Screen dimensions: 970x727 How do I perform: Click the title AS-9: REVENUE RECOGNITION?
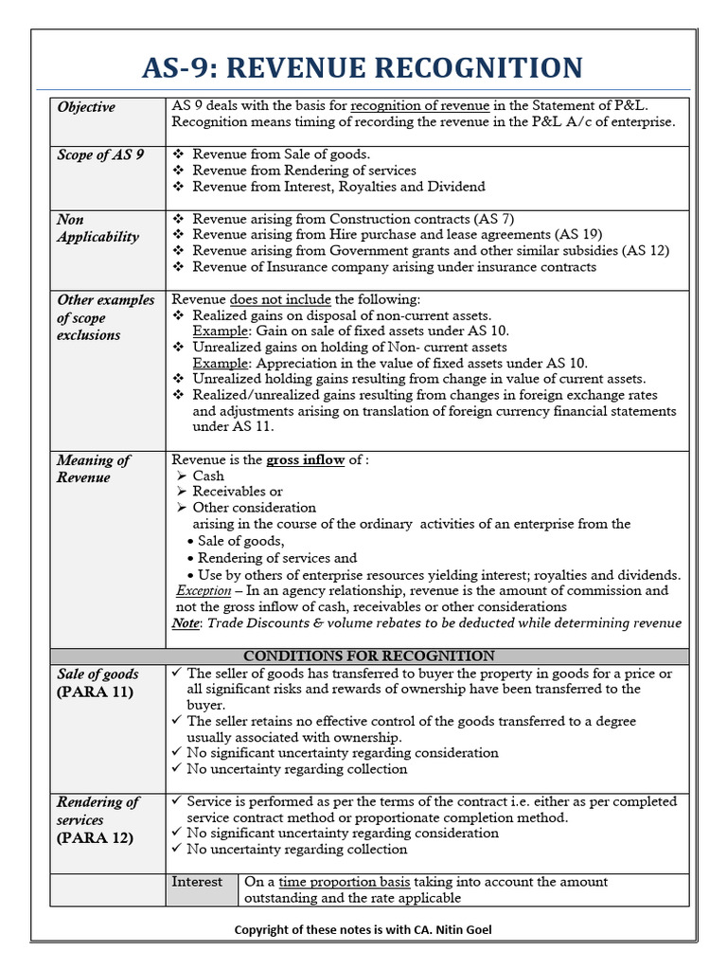click(x=363, y=68)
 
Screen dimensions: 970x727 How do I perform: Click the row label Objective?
click(x=86, y=107)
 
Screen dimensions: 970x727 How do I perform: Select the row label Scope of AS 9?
click(x=100, y=154)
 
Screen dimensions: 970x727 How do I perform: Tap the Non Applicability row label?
click(x=97, y=228)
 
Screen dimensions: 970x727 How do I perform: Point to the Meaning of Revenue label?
click(x=93, y=469)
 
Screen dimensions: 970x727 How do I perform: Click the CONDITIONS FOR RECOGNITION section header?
click(x=368, y=656)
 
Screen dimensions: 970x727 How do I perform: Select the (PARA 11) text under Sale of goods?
click(x=95, y=692)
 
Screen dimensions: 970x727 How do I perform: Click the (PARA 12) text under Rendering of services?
click(x=95, y=837)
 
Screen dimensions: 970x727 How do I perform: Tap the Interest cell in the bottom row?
click(x=197, y=882)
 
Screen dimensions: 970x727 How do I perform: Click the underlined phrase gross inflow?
click(x=305, y=460)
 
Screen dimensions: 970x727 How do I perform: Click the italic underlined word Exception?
click(x=204, y=590)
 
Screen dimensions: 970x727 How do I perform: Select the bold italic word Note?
click(x=185, y=623)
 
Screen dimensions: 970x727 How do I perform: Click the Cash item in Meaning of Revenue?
click(x=208, y=476)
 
